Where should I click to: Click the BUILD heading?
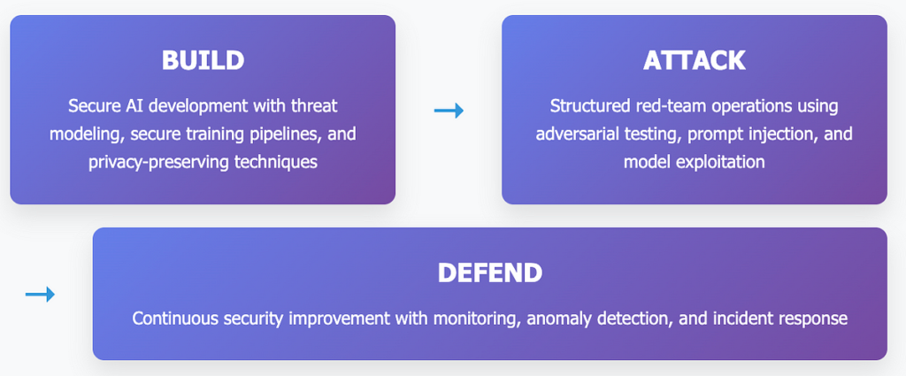(x=203, y=60)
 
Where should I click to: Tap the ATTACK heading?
(x=694, y=60)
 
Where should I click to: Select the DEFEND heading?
(x=490, y=272)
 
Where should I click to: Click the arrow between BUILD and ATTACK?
(x=449, y=110)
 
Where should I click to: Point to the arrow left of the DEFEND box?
(x=40, y=295)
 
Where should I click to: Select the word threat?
(x=316, y=106)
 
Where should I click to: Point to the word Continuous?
(x=169, y=318)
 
